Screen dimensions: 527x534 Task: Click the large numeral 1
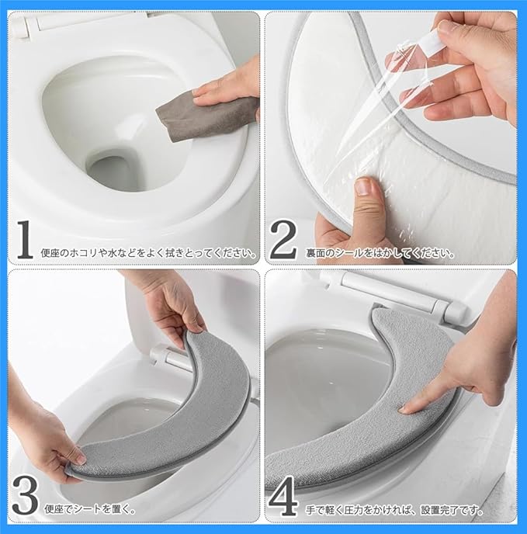coord(25,239)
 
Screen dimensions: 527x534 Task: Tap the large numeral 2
coord(283,239)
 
